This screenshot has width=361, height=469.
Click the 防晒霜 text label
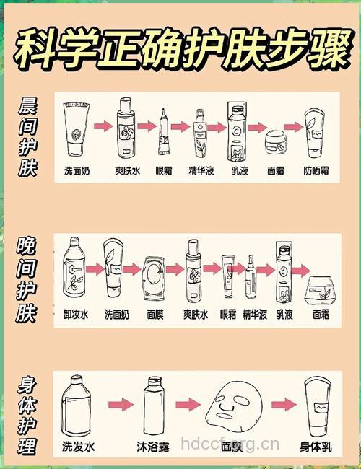[316, 171]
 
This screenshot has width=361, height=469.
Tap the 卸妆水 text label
[75, 315]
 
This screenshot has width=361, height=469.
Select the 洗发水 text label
[79, 447]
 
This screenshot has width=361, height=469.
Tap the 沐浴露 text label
[152, 447]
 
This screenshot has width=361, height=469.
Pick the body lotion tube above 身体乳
[316, 406]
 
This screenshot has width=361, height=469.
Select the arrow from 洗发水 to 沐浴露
[118, 404]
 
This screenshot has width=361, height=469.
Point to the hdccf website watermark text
[230, 442]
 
